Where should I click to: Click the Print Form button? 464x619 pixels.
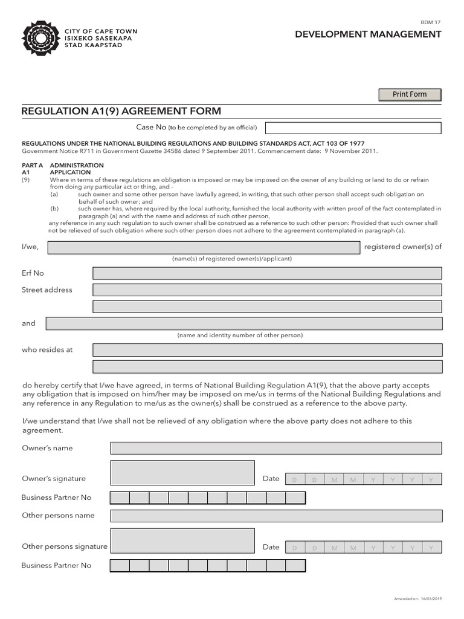point(410,94)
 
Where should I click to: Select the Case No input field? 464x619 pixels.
point(353,128)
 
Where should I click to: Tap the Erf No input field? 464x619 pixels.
point(267,273)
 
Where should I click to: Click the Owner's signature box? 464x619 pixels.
point(182,473)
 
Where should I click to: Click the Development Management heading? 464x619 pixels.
point(367,34)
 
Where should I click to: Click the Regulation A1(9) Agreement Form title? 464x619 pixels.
point(121,111)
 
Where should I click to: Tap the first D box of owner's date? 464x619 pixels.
point(295,479)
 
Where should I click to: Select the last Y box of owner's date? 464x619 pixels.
point(431,479)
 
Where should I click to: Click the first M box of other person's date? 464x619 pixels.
point(334,548)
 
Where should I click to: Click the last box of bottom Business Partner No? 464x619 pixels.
point(295,565)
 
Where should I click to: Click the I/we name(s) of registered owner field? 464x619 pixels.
point(204,247)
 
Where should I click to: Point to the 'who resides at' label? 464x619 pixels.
point(47,350)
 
